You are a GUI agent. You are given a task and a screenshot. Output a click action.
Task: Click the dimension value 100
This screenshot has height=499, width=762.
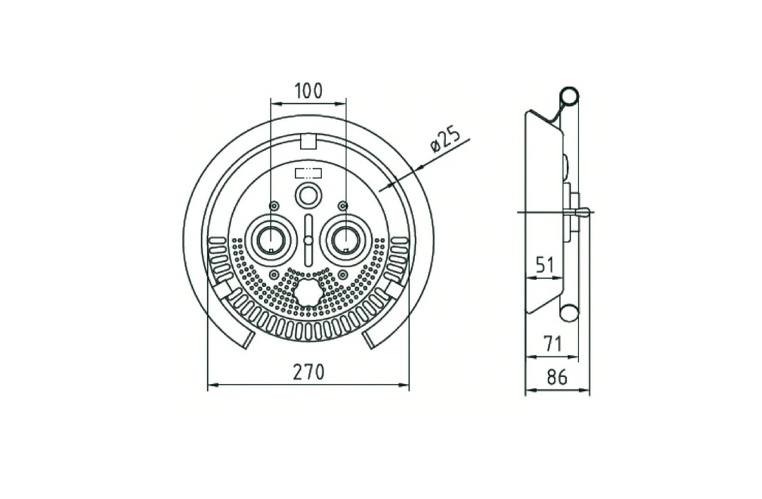pos(308,91)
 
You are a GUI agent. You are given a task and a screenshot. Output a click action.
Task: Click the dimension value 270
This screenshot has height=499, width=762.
pos(308,372)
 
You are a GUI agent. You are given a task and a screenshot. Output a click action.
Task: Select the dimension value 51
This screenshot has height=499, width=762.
pos(544,265)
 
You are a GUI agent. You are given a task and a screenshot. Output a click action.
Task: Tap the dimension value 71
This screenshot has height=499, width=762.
pos(552,344)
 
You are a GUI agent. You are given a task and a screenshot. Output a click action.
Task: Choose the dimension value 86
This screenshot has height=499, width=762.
pos(557,377)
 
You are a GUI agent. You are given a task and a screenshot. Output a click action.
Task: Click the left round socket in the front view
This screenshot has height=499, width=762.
pos(269,238)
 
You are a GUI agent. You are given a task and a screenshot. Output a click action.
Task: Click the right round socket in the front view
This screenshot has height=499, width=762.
pos(346,238)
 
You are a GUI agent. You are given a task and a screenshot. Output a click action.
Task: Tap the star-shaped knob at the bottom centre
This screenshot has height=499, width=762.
pos(308,291)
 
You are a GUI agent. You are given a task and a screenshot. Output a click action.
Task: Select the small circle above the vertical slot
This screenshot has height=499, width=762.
pos(308,196)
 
